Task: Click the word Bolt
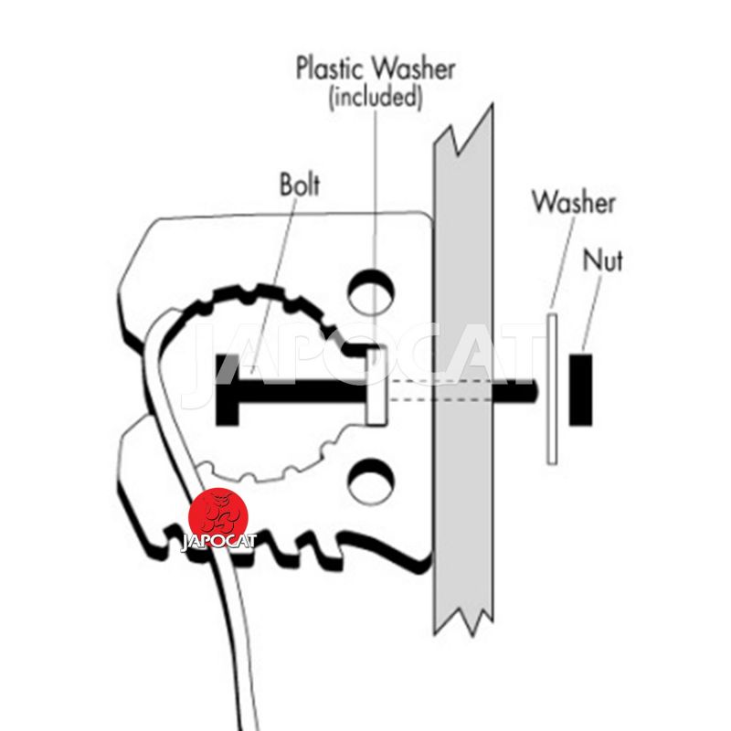(x=301, y=185)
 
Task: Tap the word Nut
(x=603, y=260)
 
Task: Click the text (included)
(x=376, y=97)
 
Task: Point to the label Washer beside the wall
(x=573, y=201)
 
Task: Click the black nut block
(x=578, y=390)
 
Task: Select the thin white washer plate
(x=552, y=388)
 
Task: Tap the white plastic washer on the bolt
(x=374, y=390)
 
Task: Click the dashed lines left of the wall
(x=411, y=390)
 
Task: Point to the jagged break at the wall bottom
(x=466, y=621)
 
